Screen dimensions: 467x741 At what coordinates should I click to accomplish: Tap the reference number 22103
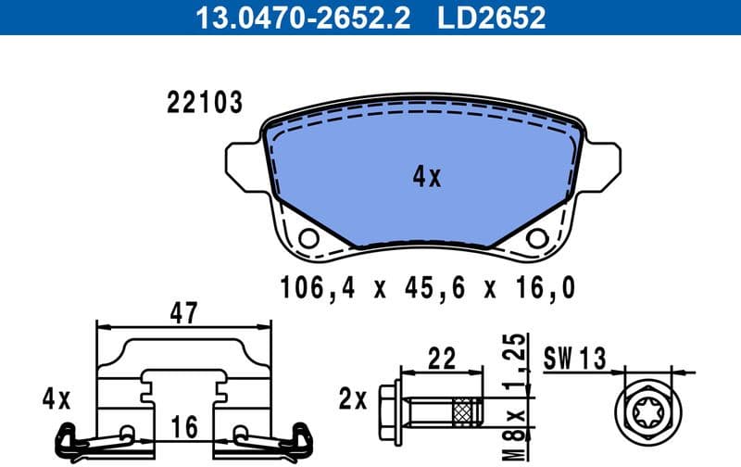[x=204, y=103]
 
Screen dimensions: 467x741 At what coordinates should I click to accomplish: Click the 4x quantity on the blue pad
[x=427, y=177]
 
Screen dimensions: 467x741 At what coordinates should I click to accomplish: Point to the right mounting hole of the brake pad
[x=536, y=238]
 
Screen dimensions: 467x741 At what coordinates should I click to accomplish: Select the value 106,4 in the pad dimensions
[x=318, y=289]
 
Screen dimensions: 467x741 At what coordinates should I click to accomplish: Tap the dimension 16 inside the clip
[x=185, y=428]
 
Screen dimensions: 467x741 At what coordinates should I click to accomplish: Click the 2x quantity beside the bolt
[x=353, y=400]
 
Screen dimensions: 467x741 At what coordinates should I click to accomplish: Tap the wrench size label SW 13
[x=575, y=356]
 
